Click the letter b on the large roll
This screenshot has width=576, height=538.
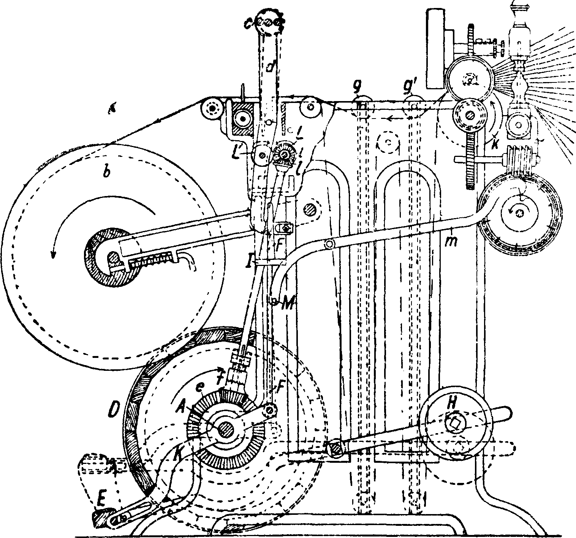point(108,172)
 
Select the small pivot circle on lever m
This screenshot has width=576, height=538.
point(329,244)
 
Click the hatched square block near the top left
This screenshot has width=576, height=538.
point(241,119)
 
